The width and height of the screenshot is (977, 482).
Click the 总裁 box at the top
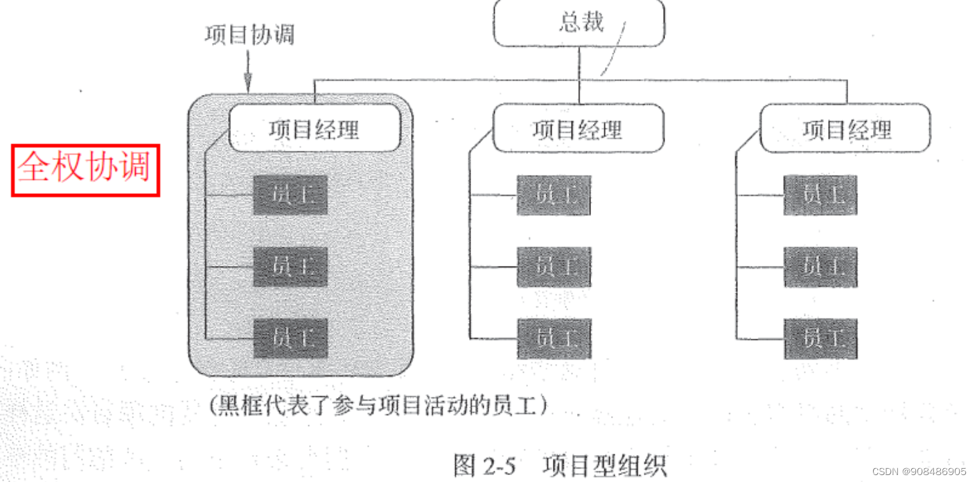pos(579,23)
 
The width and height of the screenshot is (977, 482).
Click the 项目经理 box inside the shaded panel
pos(315,129)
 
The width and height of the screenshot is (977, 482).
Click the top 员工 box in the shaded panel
pos(290,195)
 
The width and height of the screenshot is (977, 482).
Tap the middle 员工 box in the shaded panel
pos(290,267)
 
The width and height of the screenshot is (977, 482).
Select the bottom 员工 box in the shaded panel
pos(290,339)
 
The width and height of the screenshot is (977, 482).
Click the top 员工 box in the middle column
pos(554,195)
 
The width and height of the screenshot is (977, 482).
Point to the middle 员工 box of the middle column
pos(554,267)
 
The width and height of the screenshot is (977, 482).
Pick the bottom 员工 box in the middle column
pos(554,339)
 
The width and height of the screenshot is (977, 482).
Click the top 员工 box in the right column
pos(820,195)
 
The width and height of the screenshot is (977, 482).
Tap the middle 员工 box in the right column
pos(820,267)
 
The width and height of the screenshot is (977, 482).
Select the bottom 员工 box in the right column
pos(820,339)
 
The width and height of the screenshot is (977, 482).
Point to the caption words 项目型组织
pos(604,465)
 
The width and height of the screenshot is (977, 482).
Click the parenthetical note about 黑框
pos(379,405)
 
